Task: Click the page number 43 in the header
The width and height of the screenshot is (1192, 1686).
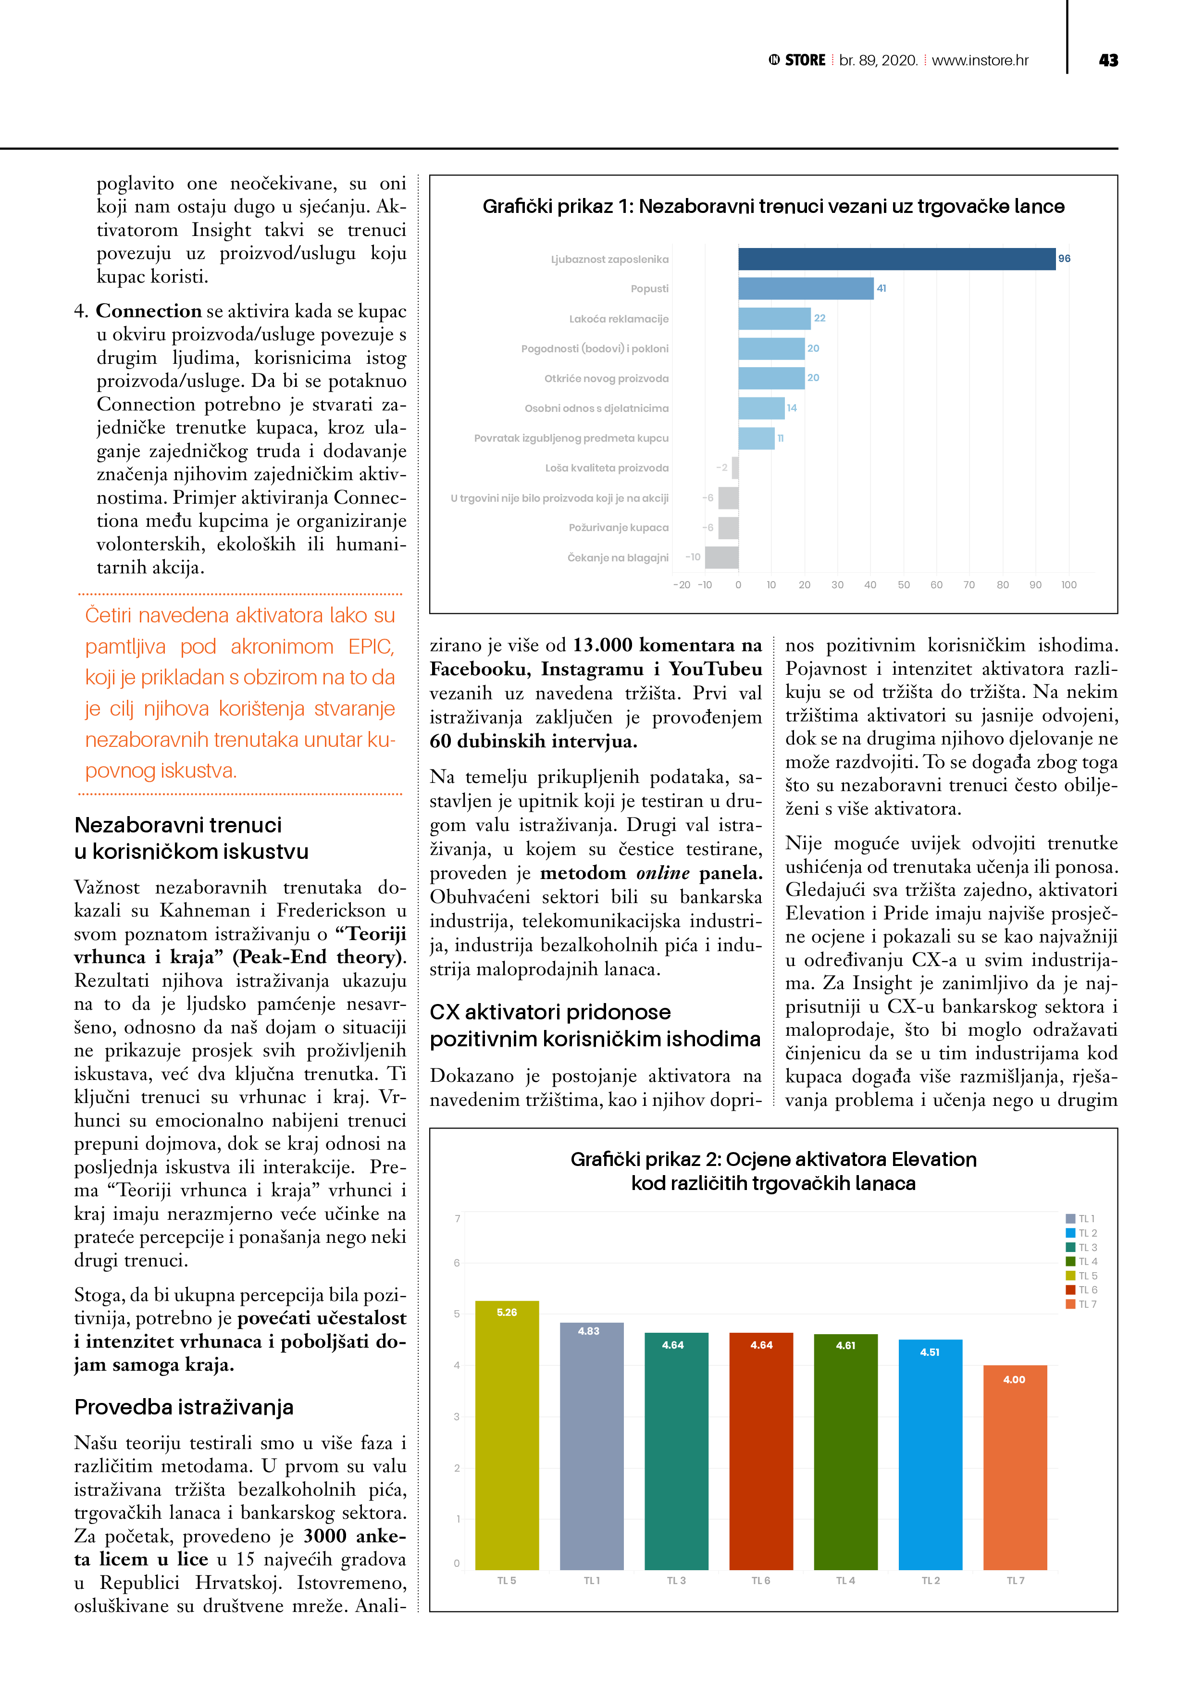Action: click(1107, 60)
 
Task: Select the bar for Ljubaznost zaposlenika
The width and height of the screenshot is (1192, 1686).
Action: click(896, 259)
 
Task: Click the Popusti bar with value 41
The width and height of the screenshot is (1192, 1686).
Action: click(806, 288)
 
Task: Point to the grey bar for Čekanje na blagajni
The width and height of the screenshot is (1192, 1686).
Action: click(721, 558)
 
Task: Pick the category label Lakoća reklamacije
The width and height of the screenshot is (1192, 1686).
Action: click(619, 319)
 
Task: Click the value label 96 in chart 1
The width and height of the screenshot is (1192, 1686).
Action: click(1064, 259)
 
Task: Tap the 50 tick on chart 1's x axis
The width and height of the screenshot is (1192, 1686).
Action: click(903, 585)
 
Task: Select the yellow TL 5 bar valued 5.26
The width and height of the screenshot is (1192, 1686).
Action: click(507, 1439)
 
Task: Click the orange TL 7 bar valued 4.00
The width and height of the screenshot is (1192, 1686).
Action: click(1015, 1469)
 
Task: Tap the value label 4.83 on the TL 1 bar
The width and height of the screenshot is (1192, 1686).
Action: click(588, 1331)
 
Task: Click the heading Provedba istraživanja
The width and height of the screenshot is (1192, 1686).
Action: click(184, 1407)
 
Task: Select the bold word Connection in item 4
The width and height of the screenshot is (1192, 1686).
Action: click(149, 311)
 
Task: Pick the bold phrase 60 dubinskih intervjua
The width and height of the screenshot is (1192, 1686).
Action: click(533, 741)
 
